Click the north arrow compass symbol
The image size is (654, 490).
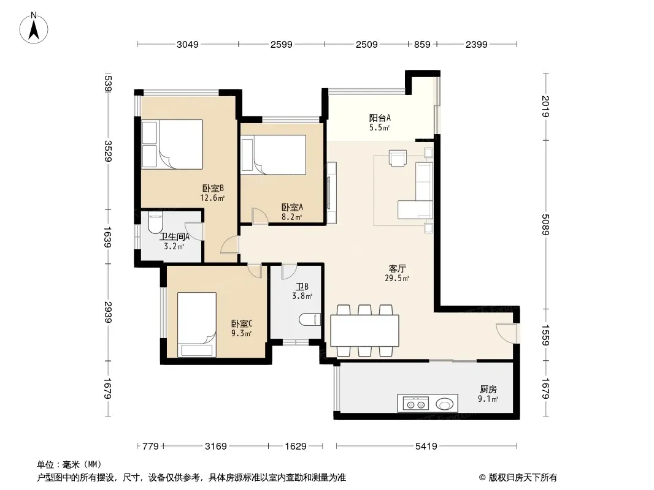coord(34,28)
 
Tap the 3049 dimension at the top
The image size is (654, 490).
coord(188,44)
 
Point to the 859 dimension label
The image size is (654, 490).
coord(422,44)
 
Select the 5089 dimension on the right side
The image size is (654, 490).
coord(545,224)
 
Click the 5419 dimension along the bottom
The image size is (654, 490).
coord(426,447)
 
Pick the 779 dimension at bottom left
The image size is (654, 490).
coord(150,447)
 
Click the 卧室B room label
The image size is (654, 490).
coord(213,189)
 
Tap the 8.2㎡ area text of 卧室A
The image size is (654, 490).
coord(292,217)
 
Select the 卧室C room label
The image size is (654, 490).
coord(242,323)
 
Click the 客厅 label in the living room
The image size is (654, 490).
coord(397,268)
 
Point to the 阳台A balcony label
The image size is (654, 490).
coord(380,118)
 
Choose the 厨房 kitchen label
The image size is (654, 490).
coord(488,390)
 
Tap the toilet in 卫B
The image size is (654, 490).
coord(310,319)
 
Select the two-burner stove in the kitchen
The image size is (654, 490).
coord(415,404)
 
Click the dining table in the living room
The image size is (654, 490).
coord(364,331)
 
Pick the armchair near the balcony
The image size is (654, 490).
coord(398,158)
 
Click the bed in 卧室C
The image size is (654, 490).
coord(197,324)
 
